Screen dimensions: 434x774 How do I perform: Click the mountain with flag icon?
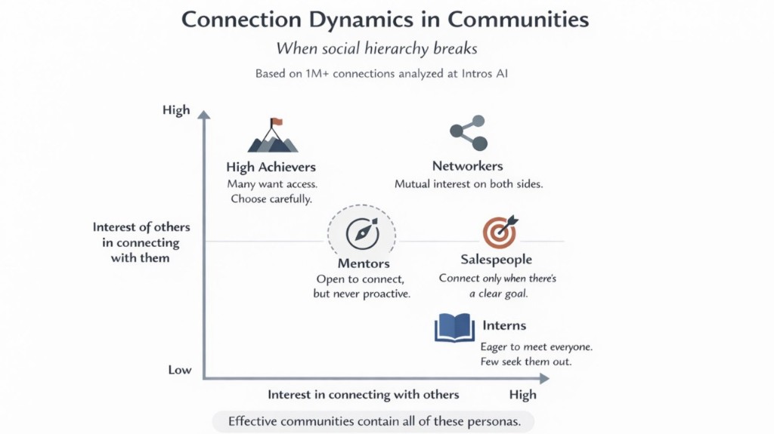click(273, 136)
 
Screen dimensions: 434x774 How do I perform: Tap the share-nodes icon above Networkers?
click(468, 133)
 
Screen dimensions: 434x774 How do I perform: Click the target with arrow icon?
click(500, 232)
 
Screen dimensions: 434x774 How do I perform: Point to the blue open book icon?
click(454, 328)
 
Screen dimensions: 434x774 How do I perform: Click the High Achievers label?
click(271, 167)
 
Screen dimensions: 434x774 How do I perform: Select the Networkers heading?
click(467, 166)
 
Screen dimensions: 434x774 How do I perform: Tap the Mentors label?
click(364, 263)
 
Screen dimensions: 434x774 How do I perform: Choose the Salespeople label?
click(497, 260)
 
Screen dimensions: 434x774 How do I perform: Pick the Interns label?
click(503, 325)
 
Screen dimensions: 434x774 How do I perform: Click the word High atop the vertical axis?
click(176, 110)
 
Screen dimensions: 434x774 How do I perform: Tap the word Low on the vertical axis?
click(180, 371)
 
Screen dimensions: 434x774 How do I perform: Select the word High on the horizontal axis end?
click(522, 395)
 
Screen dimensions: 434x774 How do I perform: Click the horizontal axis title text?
click(363, 395)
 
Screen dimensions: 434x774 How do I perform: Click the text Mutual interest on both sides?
click(468, 184)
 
